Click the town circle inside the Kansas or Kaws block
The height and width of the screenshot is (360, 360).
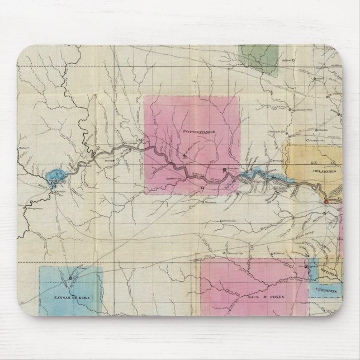70,277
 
